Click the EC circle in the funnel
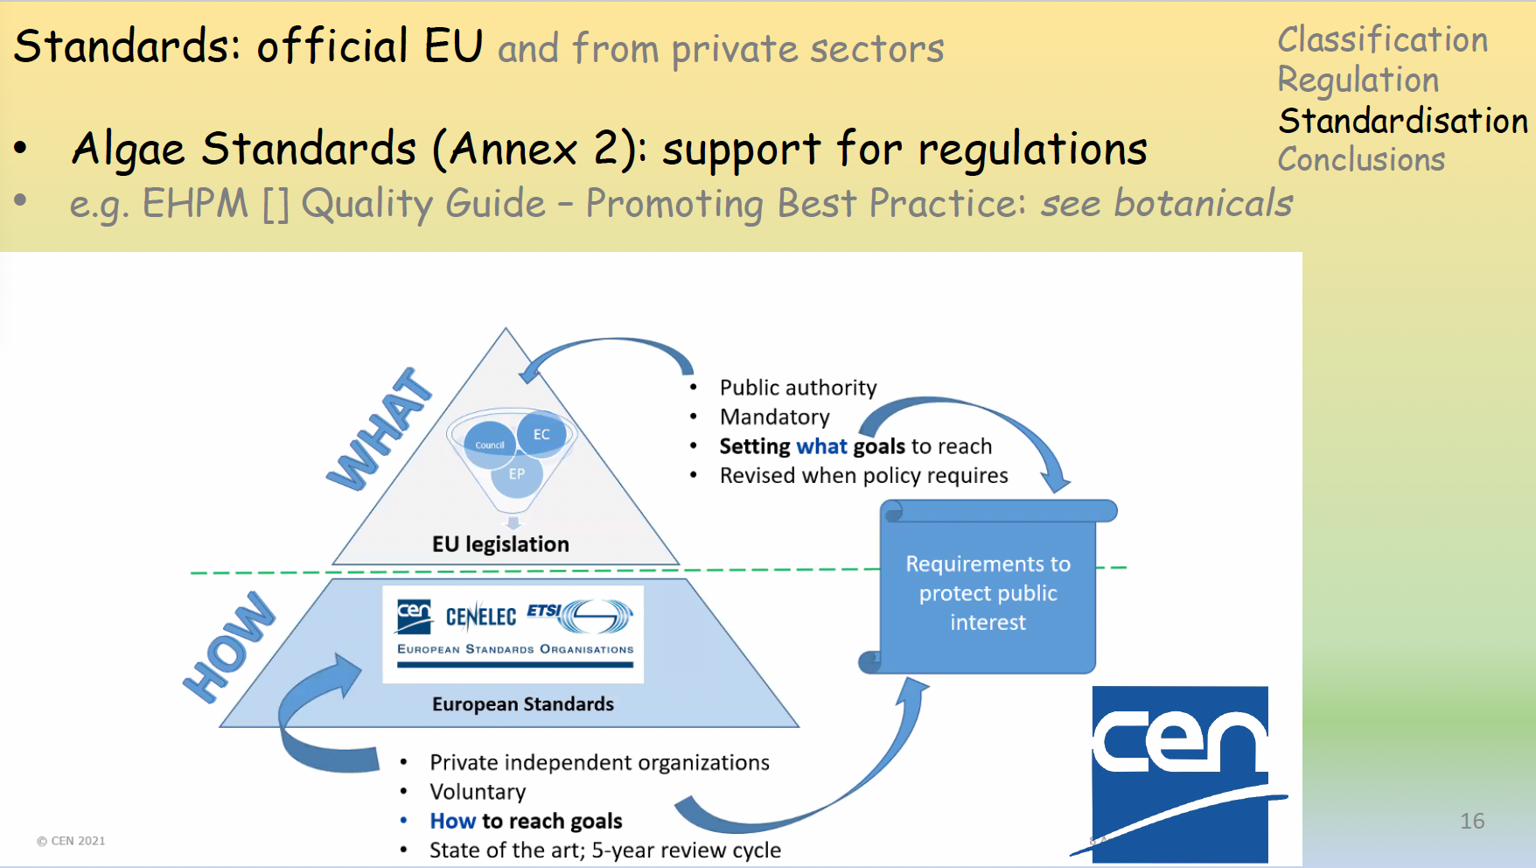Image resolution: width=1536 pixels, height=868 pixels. [541, 434]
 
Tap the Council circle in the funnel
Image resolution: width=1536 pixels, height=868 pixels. [489, 444]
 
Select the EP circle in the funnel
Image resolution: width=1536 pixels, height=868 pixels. [517, 474]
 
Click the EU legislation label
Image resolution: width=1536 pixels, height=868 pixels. [500, 544]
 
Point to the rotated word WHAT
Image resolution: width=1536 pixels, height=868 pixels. [380, 430]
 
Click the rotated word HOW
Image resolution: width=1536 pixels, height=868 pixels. [229, 647]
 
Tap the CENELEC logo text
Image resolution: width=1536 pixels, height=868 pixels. [480, 617]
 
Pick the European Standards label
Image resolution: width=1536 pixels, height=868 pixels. [523, 704]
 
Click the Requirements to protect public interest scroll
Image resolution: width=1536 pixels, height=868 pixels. [988, 592]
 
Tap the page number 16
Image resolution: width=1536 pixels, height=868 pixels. [1471, 821]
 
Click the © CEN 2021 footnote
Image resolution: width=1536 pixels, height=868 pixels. [71, 841]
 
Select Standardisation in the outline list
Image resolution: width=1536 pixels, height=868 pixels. [1402, 121]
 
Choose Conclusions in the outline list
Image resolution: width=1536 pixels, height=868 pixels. [1361, 160]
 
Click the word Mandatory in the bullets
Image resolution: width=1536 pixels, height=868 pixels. [774, 417]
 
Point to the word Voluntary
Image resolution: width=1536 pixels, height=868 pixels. [478, 792]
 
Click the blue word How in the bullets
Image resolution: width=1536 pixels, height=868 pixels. [452, 821]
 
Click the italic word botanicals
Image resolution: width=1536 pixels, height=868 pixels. [1203, 203]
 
